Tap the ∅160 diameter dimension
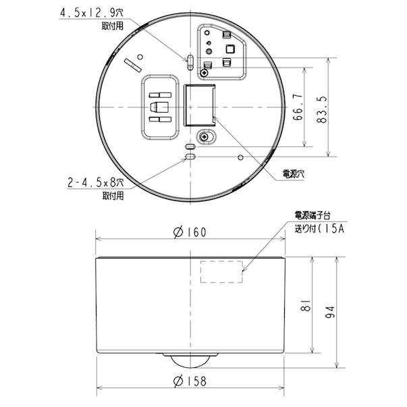[189, 232]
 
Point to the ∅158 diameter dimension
[189, 381]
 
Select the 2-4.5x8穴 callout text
[97, 183]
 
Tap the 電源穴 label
[293, 173]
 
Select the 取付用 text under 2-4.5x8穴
[113, 196]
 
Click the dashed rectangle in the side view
[222, 272]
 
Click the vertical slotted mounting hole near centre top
[190, 62]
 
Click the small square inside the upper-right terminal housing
[229, 49]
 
